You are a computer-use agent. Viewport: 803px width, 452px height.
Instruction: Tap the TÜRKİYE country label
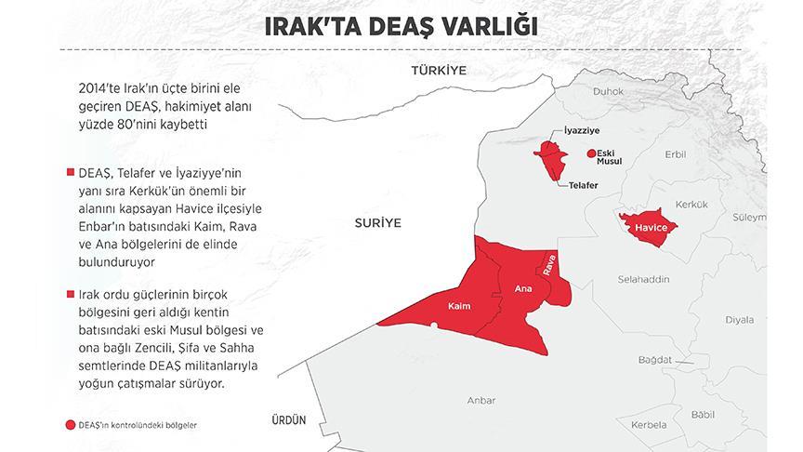click(441, 71)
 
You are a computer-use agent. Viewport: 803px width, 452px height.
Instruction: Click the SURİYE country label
click(375, 223)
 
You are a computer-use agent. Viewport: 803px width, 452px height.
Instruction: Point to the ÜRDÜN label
click(285, 419)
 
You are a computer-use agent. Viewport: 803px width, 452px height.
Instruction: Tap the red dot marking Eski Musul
click(589, 154)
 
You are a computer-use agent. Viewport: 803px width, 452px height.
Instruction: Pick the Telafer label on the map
click(579, 184)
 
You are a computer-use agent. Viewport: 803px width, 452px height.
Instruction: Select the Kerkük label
click(691, 203)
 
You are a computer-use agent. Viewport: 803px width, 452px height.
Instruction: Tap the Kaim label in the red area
click(459, 306)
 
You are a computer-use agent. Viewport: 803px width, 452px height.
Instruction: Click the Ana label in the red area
click(523, 290)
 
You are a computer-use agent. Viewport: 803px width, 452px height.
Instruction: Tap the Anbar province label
click(480, 401)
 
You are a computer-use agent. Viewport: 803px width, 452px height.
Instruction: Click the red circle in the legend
click(71, 425)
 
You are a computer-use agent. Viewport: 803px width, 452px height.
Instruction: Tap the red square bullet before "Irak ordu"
click(70, 294)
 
